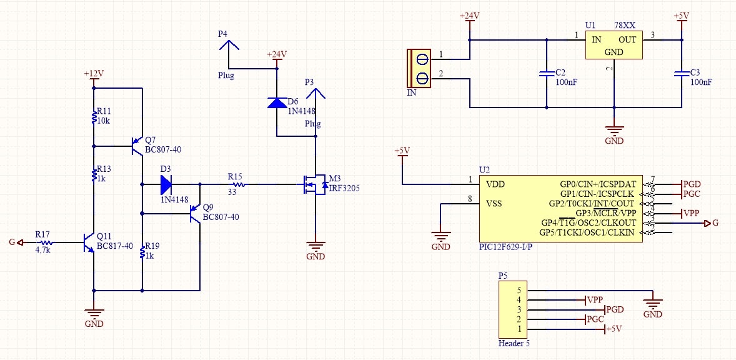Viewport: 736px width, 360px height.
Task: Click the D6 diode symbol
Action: [277, 102]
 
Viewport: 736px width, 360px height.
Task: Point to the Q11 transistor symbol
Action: [88, 242]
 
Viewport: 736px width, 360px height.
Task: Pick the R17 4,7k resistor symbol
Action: [46, 242]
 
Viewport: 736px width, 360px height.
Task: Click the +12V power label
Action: [94, 74]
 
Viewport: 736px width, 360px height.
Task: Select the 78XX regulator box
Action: [614, 45]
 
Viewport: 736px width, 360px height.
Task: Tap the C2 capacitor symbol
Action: [546, 74]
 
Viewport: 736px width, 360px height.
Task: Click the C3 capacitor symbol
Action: [681, 74]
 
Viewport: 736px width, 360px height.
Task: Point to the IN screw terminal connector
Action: [419, 68]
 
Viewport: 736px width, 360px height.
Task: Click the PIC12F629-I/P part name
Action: [503, 246]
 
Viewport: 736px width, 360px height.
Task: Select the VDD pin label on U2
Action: [495, 184]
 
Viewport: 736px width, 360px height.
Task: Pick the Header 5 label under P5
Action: [514, 343]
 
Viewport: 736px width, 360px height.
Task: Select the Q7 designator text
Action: [150, 140]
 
